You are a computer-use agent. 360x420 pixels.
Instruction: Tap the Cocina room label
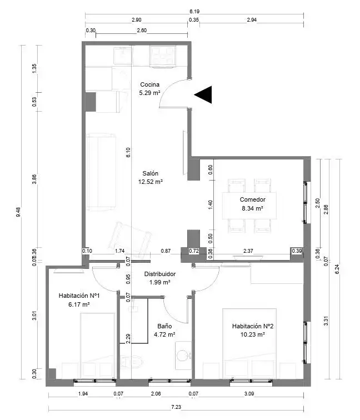pyautogui.click(x=150, y=84)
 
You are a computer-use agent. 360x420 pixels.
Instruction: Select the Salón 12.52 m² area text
pyautogui.click(x=151, y=182)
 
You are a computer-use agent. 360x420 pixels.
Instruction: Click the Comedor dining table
pyautogui.click(x=249, y=206)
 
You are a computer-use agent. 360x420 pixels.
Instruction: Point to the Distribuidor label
pyautogui.click(x=160, y=274)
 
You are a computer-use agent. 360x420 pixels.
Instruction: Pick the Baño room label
pyautogui.click(x=164, y=326)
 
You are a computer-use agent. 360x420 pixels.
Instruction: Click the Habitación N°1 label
pyautogui.click(x=79, y=296)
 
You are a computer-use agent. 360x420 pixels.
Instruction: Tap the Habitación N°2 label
pyautogui.click(x=253, y=326)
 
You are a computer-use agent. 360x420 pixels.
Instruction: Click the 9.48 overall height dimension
pyautogui.click(x=18, y=212)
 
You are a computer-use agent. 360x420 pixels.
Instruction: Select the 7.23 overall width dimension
pyautogui.click(x=176, y=407)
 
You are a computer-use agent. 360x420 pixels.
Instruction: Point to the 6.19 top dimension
pyautogui.click(x=194, y=12)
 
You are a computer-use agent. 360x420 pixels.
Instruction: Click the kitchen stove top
pyautogui.click(x=163, y=56)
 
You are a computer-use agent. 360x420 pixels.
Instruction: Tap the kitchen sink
pyautogui.click(x=123, y=56)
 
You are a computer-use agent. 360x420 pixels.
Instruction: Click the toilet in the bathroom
pyautogui.click(x=132, y=362)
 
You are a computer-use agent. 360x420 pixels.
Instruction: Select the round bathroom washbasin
pyautogui.click(x=184, y=355)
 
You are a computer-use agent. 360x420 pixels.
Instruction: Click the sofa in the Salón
pyautogui.click(x=101, y=172)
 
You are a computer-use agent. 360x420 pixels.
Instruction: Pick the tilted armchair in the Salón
pyautogui.click(x=129, y=239)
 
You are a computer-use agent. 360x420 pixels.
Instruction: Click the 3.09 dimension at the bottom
pyautogui.click(x=249, y=394)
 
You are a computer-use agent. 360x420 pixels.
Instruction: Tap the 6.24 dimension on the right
pyautogui.click(x=337, y=269)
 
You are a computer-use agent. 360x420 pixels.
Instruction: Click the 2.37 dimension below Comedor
pyautogui.click(x=248, y=251)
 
